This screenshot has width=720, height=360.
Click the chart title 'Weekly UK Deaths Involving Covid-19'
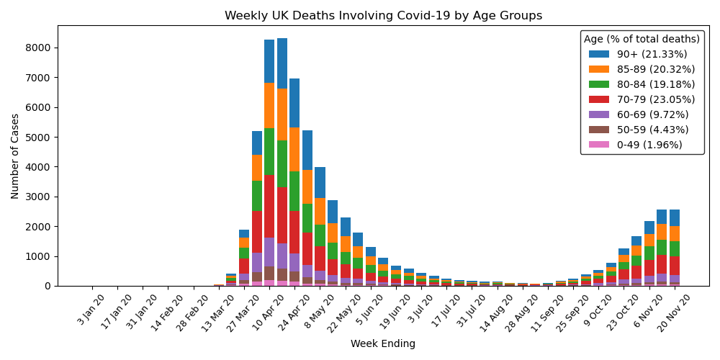[383, 16]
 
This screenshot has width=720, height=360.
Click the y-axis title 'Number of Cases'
[15, 156]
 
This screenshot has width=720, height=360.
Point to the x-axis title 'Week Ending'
[383, 344]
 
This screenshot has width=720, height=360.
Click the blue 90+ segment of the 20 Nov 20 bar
[674, 217]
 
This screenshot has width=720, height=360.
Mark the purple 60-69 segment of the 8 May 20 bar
[320, 275]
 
